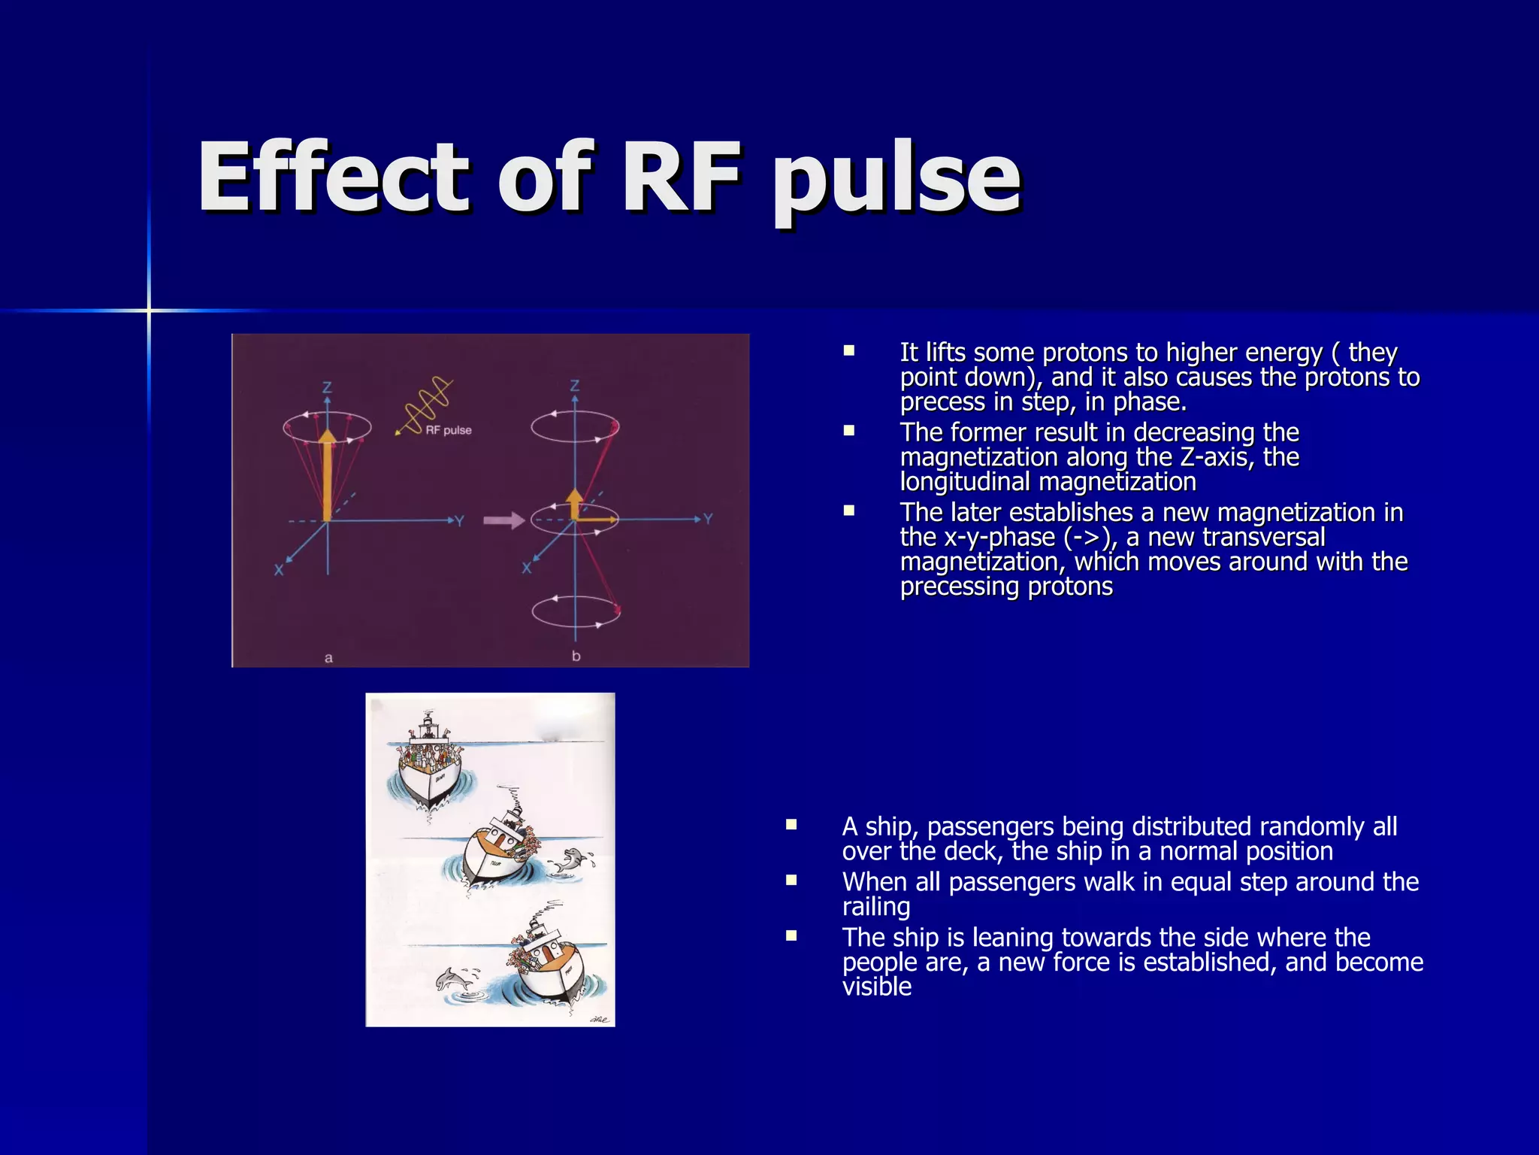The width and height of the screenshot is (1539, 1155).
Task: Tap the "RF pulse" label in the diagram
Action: click(x=449, y=430)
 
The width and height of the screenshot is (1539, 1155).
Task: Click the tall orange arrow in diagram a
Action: click(x=327, y=474)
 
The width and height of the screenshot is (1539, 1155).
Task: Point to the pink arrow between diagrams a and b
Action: click(x=503, y=520)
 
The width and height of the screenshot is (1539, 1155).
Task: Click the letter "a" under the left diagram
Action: click(x=328, y=658)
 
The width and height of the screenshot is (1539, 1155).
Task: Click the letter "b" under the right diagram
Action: click(x=576, y=656)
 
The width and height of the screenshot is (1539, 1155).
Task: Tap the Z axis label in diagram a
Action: click(x=327, y=388)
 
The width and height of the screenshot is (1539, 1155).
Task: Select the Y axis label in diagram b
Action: click(x=708, y=519)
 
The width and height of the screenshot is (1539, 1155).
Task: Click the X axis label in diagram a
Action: click(x=279, y=570)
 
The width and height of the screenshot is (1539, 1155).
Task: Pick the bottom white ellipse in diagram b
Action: click(x=576, y=611)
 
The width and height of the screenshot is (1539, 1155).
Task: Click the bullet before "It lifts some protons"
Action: click(x=849, y=350)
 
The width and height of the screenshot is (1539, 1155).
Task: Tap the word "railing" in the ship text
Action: click(x=875, y=907)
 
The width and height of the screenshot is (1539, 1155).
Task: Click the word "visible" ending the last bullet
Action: click(x=876, y=987)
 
